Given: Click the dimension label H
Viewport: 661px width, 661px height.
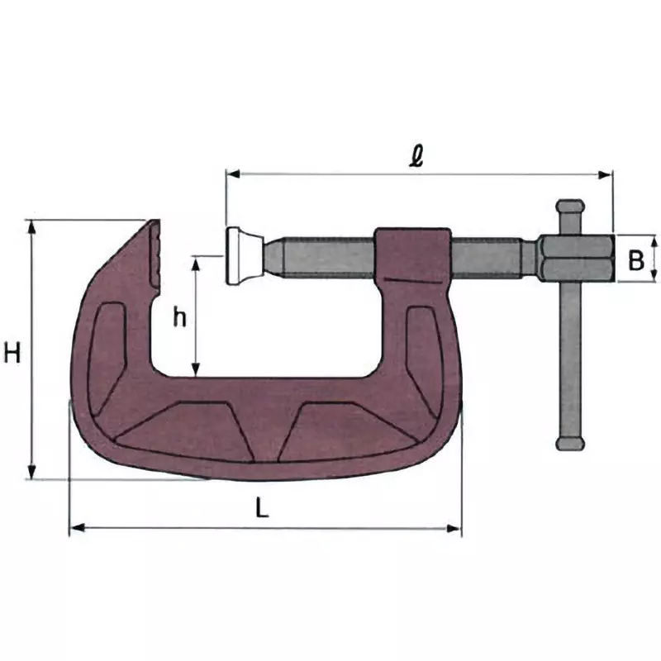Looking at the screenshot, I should coord(12,354).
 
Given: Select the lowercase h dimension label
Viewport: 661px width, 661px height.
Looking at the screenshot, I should coord(179,317).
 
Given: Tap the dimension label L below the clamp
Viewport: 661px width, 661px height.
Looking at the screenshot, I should coord(262,509).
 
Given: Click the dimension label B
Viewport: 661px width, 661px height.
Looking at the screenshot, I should coord(635,260).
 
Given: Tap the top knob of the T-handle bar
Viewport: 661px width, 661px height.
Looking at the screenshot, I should coord(570,207).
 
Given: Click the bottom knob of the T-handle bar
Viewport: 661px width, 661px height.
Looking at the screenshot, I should coord(570,444).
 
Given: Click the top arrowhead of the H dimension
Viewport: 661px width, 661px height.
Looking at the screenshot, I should coord(32,225).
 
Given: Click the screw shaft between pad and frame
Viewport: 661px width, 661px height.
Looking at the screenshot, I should coord(322,257).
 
